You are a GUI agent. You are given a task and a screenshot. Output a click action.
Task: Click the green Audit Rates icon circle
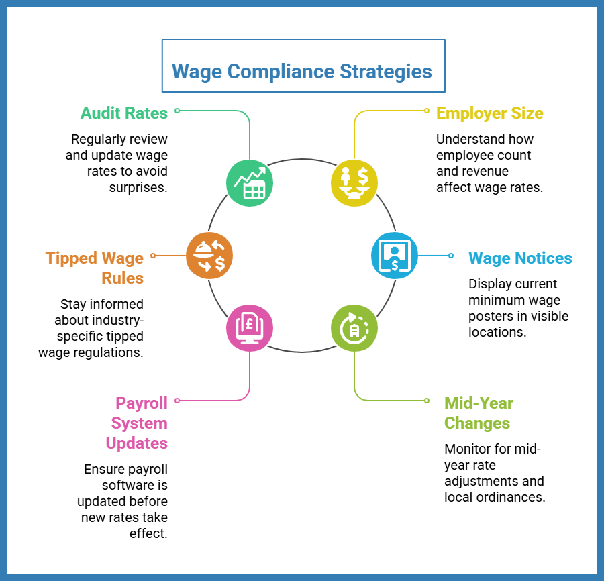click(x=250, y=183)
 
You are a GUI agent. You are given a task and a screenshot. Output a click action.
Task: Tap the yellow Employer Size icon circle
click(x=354, y=183)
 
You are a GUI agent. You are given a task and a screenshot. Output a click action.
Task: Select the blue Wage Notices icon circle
click(x=395, y=255)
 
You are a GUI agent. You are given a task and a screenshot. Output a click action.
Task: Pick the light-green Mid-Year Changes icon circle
click(x=354, y=328)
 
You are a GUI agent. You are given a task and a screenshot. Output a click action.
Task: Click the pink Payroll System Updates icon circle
click(x=250, y=328)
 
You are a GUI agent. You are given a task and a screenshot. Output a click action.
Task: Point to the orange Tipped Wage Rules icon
click(x=209, y=255)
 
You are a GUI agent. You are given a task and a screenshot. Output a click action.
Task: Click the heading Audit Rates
click(x=124, y=113)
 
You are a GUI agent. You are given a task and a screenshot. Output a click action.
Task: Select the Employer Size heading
click(x=490, y=113)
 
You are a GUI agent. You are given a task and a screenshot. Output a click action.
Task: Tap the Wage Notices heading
click(x=520, y=258)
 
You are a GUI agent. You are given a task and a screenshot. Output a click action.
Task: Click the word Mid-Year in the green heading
click(x=479, y=403)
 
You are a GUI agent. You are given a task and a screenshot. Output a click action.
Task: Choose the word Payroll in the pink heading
click(x=142, y=403)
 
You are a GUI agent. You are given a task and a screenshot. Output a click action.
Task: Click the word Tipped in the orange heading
click(x=71, y=258)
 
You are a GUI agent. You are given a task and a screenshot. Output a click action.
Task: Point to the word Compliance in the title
click(x=281, y=72)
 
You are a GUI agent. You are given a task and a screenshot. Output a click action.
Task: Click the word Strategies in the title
click(x=386, y=72)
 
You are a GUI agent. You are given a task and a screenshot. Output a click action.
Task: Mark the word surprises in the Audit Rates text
click(x=137, y=188)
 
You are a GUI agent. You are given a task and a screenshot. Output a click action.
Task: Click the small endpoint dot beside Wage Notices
click(x=451, y=255)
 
